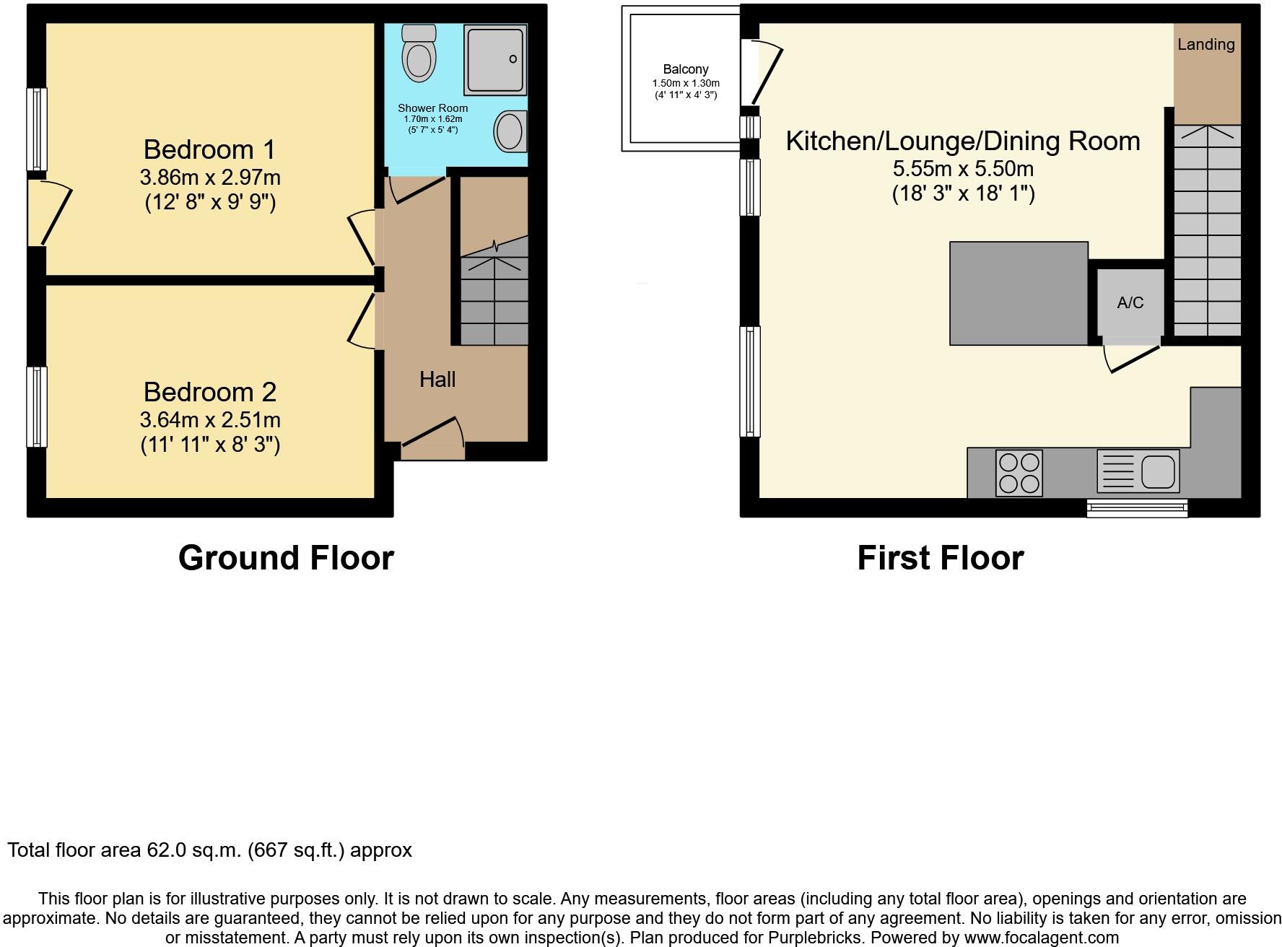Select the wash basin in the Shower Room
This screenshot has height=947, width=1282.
tap(510, 132)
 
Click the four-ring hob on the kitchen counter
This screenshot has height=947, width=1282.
tap(1019, 473)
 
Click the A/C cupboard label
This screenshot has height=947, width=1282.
tap(1130, 302)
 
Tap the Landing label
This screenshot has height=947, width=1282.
tap(1205, 45)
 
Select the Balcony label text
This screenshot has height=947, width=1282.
tap(685, 69)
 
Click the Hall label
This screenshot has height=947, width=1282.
tap(437, 380)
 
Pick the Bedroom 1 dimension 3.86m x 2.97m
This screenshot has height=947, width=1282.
tap(210, 178)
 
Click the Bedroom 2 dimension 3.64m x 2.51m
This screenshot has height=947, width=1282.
tap(210, 420)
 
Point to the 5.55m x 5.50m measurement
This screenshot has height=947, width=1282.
tap(963, 169)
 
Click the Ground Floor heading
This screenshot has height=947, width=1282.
tap(286, 558)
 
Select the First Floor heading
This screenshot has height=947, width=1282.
tap(940, 558)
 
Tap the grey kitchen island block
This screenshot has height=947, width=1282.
tap(1018, 293)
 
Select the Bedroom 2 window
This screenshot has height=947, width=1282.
tap(37, 407)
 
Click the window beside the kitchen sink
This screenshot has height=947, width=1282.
tap(1137, 509)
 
